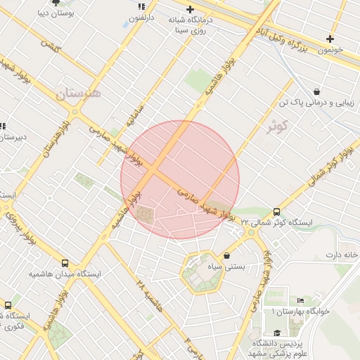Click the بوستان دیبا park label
coord(56,13)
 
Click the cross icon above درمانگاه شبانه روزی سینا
coord(190,9)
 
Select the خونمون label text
coord(329,50)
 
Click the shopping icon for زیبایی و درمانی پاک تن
coord(317,91)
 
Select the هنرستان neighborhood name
coord(78,94)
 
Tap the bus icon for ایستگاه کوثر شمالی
coord(276,211)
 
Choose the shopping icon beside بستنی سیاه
coord(226,255)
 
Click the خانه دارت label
coord(346,254)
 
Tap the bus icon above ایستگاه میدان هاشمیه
coord(65,262)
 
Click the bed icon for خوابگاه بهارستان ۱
coord(301,300)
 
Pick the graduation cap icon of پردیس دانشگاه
coord(277,333)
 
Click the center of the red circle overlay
coord(180,179)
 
